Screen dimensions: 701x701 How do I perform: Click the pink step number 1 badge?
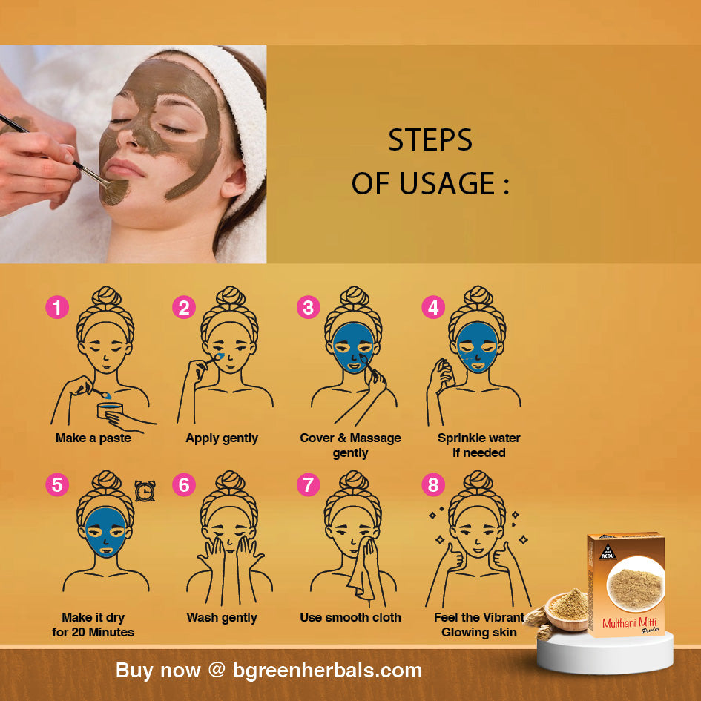click(57, 308)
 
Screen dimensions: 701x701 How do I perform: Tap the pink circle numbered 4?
click(433, 308)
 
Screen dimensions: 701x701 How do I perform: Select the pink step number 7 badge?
click(309, 485)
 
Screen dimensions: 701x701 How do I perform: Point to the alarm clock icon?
click(145, 491)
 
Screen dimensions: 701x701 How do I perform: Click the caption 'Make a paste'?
click(93, 438)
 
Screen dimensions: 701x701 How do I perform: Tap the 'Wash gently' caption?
click(222, 617)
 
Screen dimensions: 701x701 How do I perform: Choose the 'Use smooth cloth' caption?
click(350, 617)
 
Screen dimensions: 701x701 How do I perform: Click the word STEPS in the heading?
click(430, 140)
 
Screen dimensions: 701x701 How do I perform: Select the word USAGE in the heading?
click(447, 183)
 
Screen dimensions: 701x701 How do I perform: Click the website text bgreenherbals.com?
click(327, 670)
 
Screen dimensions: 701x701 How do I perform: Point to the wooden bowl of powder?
click(565, 611)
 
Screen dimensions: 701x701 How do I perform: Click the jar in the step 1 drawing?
click(110, 410)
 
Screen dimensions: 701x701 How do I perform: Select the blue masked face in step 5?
click(106, 532)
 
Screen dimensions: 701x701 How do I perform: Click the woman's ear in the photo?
click(233, 179)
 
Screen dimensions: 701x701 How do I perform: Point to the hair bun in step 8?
click(478, 481)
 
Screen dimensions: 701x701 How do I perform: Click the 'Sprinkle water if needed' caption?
click(478, 445)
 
